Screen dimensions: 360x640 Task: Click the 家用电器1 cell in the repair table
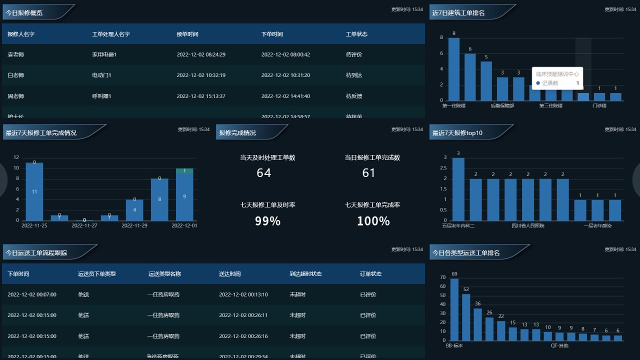coord(104,54)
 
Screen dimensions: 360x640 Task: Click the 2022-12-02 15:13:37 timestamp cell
coord(201,96)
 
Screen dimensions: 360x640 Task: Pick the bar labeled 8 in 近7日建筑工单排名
coord(454,69)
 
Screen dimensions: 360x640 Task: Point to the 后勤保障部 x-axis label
coord(502,106)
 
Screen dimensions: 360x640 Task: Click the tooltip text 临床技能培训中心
coord(557,74)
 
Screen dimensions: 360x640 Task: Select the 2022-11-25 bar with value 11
coord(34,191)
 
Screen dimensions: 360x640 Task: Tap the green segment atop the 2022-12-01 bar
coord(184,171)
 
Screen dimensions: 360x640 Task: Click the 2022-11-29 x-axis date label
coord(134,225)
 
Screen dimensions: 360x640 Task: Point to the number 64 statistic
coord(263,173)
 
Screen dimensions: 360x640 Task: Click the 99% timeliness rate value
coord(267,221)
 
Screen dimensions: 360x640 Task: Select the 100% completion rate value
coord(373,221)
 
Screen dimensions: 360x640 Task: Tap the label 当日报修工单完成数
coord(372,157)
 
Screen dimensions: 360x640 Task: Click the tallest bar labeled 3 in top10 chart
coord(458,189)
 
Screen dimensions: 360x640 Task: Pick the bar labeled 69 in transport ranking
coord(454,309)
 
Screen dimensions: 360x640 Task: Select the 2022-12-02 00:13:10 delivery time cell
coord(243,294)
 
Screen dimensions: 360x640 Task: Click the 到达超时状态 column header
coord(305,274)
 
